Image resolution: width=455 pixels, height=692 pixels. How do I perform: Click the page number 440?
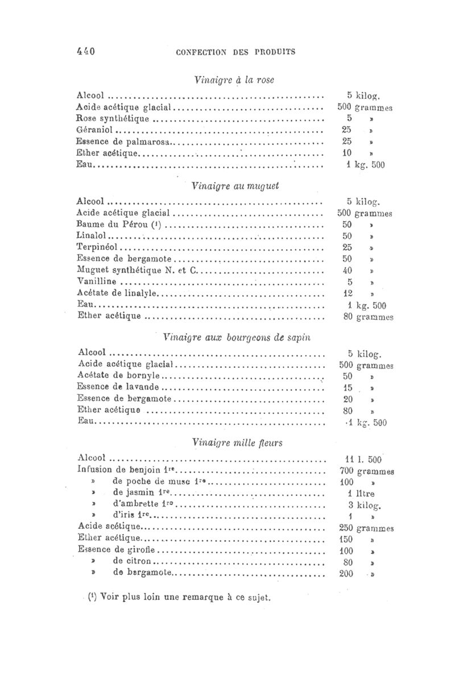tap(85, 51)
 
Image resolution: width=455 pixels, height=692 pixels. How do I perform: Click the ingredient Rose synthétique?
tap(113, 119)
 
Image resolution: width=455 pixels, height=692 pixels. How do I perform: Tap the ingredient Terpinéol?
tap(99, 248)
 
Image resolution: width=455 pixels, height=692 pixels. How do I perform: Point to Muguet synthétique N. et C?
tap(136, 271)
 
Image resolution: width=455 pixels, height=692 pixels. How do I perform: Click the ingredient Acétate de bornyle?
tap(119, 376)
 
